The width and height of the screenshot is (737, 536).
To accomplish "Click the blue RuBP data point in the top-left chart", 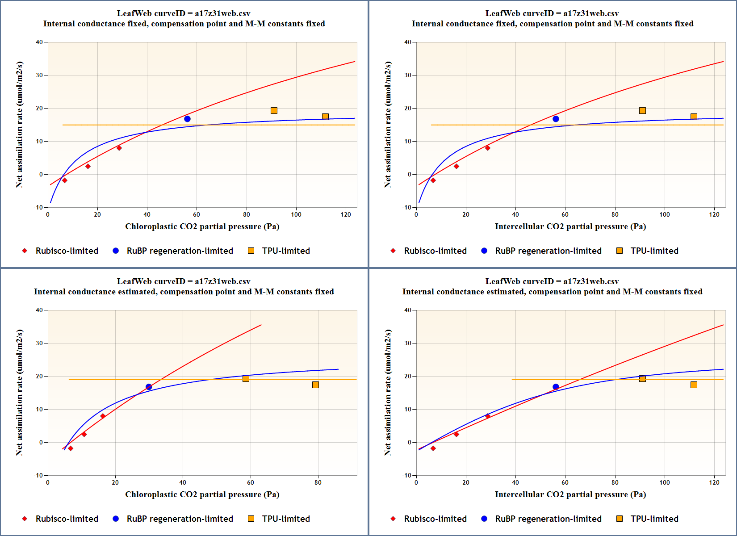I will [187, 119].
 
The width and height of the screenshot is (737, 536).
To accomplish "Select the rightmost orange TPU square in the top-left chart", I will [325, 117].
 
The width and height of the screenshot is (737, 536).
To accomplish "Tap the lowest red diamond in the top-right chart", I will [433, 180].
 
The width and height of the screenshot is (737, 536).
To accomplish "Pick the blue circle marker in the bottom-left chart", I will [149, 387].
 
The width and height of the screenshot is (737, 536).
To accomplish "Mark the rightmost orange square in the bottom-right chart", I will [694, 385].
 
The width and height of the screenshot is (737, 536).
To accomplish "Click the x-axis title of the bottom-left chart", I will [202, 494].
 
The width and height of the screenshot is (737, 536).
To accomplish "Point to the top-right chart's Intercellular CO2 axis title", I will [570, 226].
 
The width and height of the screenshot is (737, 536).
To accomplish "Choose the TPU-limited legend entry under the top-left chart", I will [285, 251].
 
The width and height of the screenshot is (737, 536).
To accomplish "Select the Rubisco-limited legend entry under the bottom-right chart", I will [435, 519].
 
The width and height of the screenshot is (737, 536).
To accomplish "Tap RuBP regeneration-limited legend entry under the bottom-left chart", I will [180, 519].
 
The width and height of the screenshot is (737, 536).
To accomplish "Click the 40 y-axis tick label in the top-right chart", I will [407, 42].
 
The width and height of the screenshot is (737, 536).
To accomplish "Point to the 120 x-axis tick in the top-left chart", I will [346, 214].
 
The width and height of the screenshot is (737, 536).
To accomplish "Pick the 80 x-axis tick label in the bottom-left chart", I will [318, 482].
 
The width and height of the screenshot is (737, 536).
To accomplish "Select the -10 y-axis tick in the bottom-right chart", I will [406, 475].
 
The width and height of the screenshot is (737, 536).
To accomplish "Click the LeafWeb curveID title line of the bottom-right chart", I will [552, 281].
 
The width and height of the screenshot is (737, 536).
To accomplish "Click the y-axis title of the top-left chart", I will [19, 125].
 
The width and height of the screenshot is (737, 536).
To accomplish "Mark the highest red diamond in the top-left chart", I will [119, 148].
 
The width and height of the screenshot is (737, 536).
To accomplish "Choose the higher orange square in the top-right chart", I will [642, 110].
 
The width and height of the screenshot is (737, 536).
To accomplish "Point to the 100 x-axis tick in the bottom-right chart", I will [665, 482].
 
